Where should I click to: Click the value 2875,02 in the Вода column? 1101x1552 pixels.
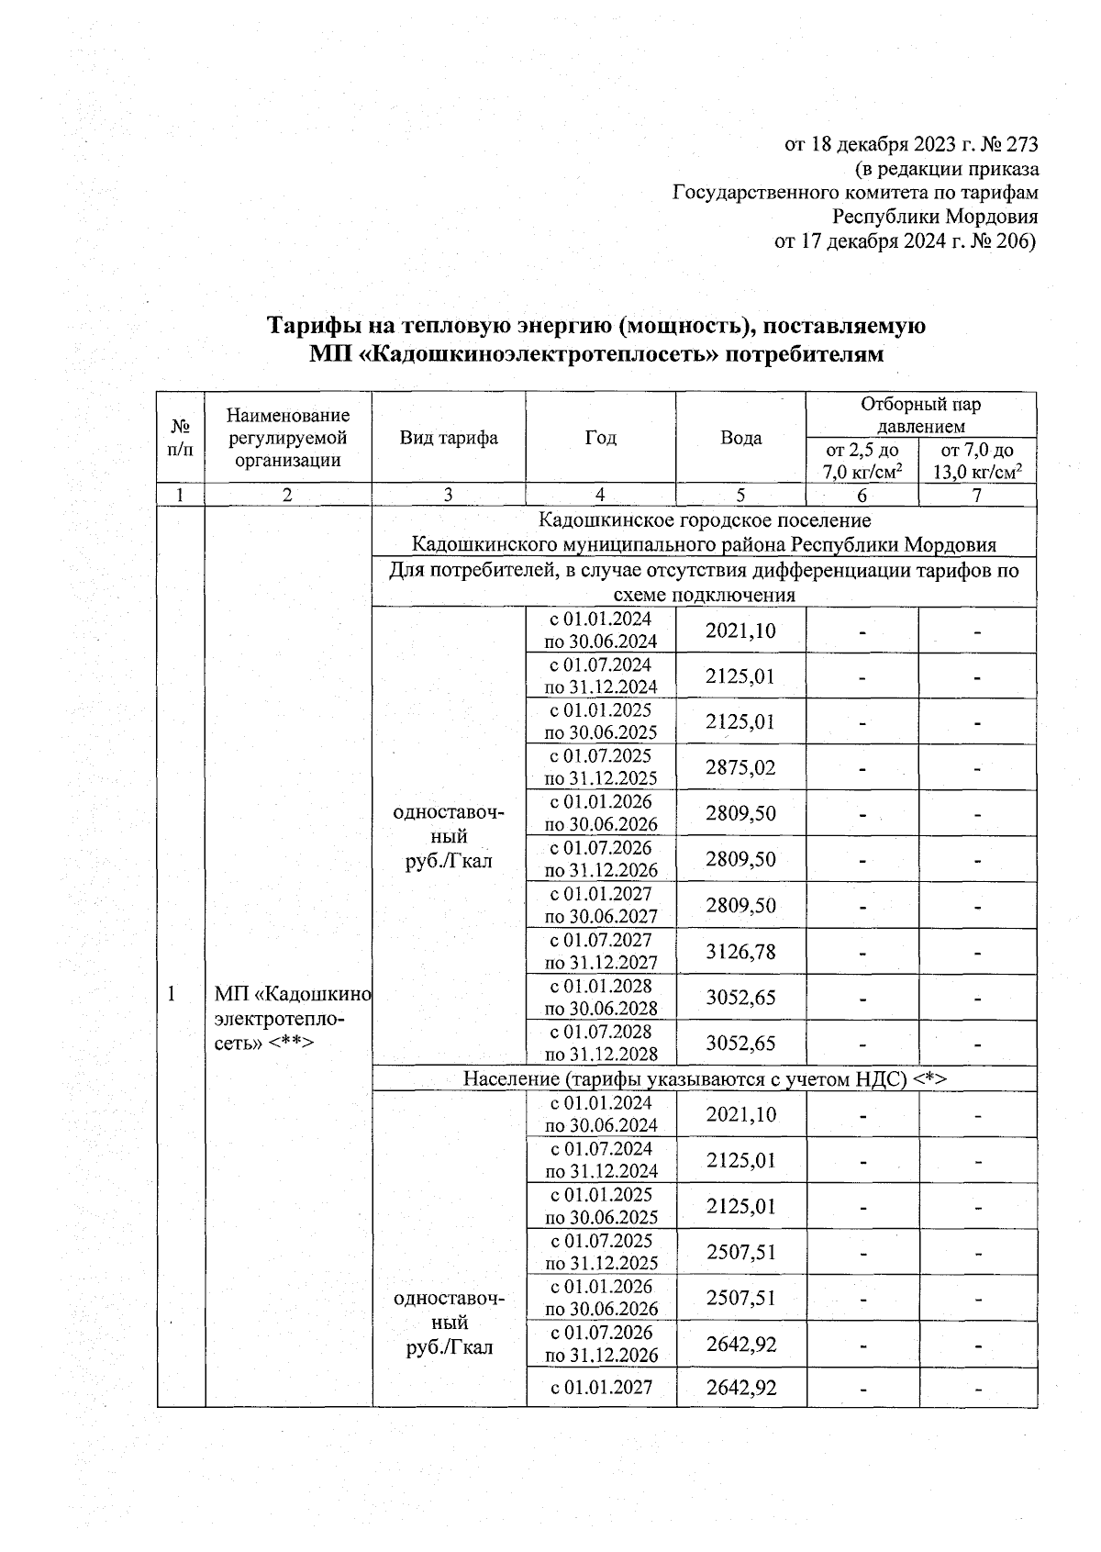pos(740,767)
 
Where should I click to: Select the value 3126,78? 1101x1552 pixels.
pos(740,952)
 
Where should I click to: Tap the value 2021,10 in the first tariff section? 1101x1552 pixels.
pos(740,631)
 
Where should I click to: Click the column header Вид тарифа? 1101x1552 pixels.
pos(448,438)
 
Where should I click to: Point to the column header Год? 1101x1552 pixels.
pos(600,438)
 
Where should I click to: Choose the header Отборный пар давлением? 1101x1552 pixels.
pos(921,415)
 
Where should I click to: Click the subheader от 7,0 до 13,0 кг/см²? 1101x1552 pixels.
pos(977,462)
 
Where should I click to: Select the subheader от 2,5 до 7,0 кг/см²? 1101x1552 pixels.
pos(862,462)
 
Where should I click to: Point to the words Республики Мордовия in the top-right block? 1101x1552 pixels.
pos(935,218)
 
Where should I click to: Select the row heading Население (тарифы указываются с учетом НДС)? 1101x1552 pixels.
pos(704,1079)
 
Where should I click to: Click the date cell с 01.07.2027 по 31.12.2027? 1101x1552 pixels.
pos(601,952)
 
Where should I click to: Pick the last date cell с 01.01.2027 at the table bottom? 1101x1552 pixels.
pos(601,1387)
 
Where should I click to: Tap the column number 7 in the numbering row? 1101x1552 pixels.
pos(977,495)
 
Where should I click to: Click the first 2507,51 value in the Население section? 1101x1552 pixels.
pos(740,1252)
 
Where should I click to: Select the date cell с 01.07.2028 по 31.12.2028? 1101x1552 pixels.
pos(601,1044)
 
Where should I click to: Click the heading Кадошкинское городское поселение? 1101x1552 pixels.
pos(704,521)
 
